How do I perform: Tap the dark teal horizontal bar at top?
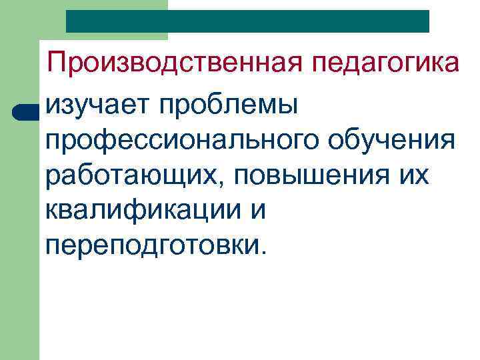247,21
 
